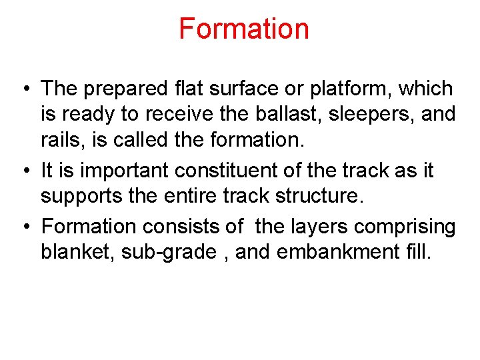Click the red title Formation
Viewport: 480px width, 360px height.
[x=243, y=29]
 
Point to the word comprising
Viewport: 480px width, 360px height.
[x=405, y=226]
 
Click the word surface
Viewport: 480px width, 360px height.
[x=226, y=89]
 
